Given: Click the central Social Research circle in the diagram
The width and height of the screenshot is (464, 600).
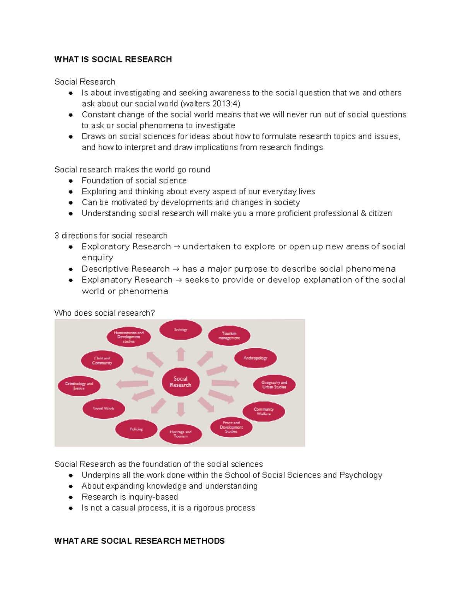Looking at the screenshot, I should coord(181,382).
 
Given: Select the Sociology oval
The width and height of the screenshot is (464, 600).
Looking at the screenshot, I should coord(181,330).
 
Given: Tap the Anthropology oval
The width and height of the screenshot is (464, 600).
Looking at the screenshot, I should coord(255,358).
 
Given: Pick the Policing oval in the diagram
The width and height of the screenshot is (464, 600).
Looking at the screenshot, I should coord(136,429).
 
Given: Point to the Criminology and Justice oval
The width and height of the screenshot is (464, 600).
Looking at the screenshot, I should coord(79,386).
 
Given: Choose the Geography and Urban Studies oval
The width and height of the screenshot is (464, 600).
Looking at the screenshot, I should coord(274,384).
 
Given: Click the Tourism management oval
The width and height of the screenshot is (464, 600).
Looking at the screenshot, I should coord(229,335).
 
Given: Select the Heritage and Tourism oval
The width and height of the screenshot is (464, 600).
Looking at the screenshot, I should coord(181,434).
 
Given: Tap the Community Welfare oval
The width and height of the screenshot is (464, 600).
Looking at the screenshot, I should coord(264,411).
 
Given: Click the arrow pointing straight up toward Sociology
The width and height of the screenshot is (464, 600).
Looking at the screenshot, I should coord(181,354).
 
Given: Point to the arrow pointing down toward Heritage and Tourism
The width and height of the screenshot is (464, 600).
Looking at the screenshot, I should coord(181,409).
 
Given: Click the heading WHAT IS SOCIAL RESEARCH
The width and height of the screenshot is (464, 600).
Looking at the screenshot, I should coord(113,59).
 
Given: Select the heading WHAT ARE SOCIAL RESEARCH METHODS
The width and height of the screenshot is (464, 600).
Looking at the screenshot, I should coord(139,541).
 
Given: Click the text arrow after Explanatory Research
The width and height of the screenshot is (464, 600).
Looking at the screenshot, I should coord(178,280).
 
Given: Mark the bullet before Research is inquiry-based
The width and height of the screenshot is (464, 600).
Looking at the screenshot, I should coord(71,497).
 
